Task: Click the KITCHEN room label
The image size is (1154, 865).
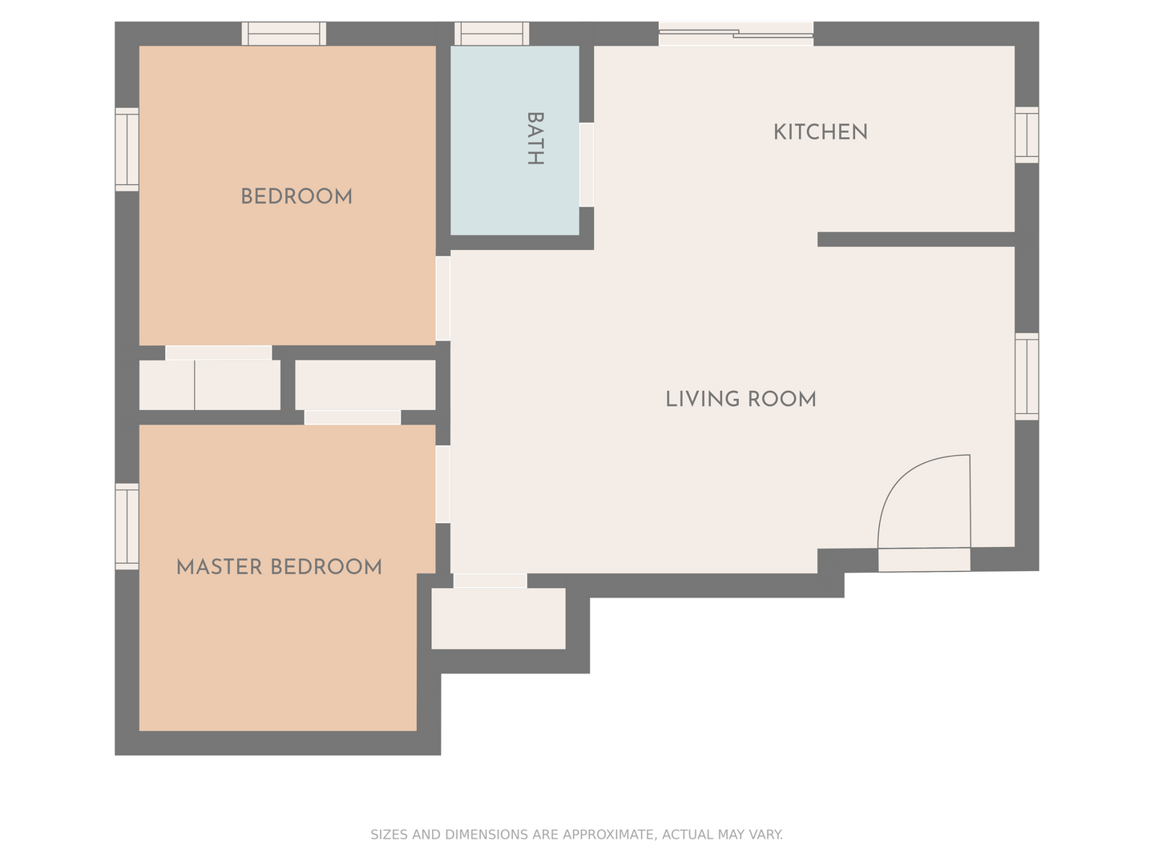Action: (x=820, y=132)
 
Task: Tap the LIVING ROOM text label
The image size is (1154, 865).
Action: (x=740, y=399)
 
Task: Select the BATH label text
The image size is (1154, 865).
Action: (x=535, y=139)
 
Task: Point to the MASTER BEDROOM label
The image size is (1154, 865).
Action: (x=279, y=567)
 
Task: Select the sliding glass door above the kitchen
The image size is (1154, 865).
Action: (x=736, y=34)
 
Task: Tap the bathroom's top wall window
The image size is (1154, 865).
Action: (x=491, y=34)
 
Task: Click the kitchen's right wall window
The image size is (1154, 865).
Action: (x=1027, y=135)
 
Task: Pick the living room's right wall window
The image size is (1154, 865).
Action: (x=1027, y=376)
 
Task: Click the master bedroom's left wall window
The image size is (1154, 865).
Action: (x=127, y=526)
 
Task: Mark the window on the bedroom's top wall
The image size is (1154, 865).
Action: (x=284, y=34)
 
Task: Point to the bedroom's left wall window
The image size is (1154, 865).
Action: (x=127, y=150)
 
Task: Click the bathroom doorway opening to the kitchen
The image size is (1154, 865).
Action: (x=587, y=165)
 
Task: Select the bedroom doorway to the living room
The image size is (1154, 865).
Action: (x=443, y=298)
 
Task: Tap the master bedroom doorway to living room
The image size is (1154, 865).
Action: (x=443, y=485)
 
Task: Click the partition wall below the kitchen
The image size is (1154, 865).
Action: (x=916, y=239)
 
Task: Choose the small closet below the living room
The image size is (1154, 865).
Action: (x=498, y=618)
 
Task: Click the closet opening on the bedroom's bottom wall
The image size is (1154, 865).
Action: (x=219, y=353)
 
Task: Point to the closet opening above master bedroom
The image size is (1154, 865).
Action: (x=353, y=417)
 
